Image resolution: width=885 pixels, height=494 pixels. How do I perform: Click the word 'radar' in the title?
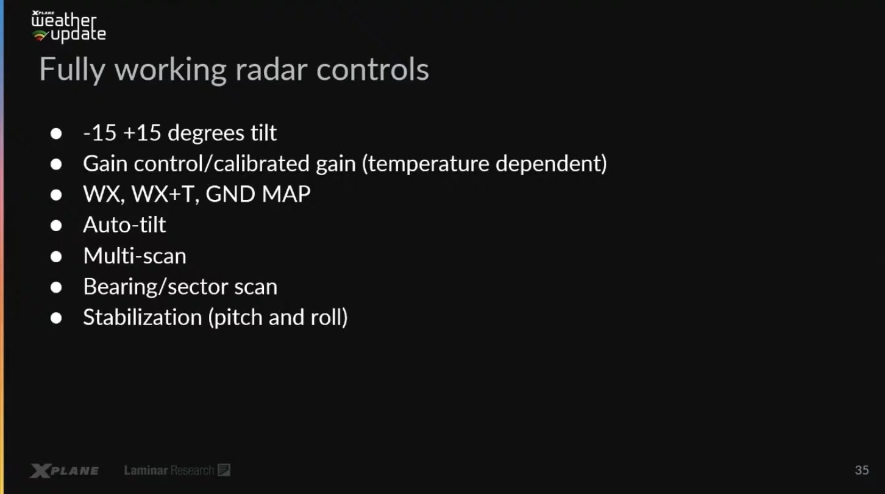[271, 70]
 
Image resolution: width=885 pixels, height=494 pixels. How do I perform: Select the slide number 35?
[862, 470]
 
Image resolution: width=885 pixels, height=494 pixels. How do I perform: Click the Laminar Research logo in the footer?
[177, 470]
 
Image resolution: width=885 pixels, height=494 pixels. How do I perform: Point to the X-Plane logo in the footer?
[65, 471]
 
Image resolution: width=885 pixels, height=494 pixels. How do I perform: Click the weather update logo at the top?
[69, 26]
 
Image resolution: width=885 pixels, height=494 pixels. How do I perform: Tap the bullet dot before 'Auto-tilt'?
[56, 226]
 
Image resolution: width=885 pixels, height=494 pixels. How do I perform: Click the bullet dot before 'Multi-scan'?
[56, 257]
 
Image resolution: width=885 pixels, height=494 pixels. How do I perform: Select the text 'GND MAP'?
[258, 194]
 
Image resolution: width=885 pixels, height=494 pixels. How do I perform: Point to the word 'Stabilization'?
[143, 317]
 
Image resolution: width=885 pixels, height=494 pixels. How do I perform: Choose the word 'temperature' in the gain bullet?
[425, 164]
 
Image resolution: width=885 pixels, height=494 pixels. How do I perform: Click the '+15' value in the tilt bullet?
[142, 133]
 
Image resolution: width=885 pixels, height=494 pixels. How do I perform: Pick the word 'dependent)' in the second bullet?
[551, 164]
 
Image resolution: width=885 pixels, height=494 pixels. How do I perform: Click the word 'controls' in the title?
[372, 70]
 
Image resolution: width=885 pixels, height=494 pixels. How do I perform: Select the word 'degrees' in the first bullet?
[206, 134]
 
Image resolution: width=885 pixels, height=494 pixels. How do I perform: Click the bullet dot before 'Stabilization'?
[56, 318]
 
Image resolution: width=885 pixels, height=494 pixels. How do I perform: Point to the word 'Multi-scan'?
[135, 256]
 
